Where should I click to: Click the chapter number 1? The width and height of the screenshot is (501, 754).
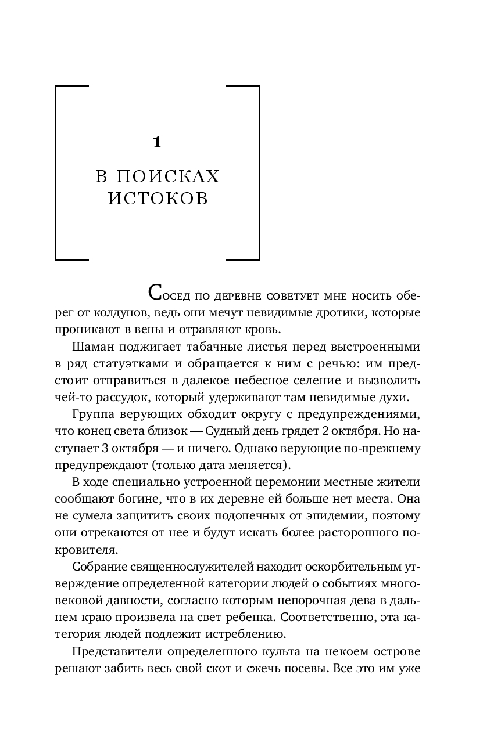(157, 143)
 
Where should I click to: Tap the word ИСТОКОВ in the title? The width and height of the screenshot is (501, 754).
(158, 199)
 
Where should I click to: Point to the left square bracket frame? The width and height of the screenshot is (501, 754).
(56, 172)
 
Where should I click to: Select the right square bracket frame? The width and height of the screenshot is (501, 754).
(257, 172)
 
